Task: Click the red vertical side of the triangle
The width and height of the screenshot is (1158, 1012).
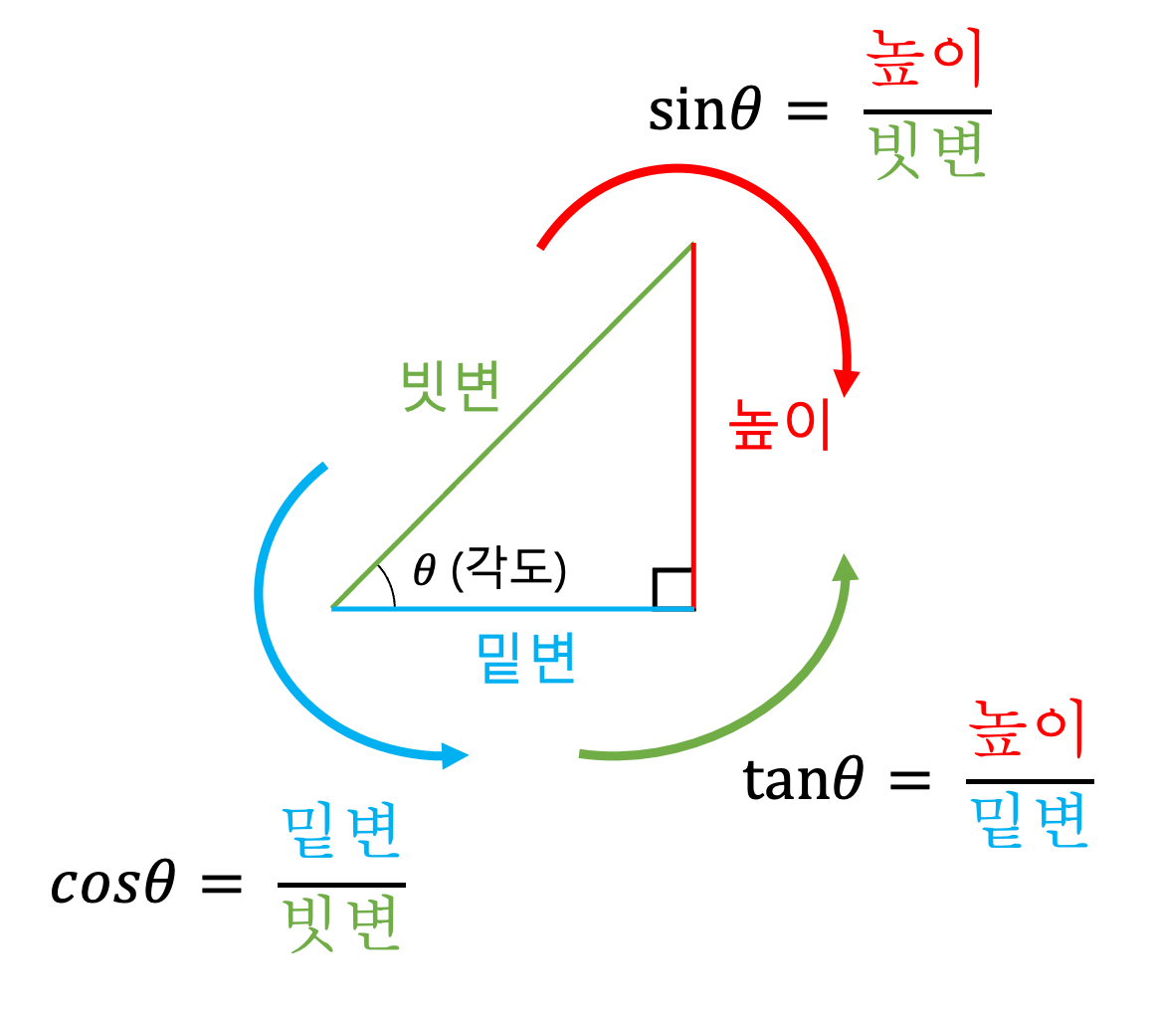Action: coord(692,428)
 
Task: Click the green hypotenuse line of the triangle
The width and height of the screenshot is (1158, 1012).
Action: coord(512,426)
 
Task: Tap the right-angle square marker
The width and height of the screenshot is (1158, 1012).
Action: coord(672,587)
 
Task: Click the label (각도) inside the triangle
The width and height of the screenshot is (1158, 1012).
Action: coord(508,570)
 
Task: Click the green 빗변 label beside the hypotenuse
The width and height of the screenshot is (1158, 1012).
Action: coord(450,386)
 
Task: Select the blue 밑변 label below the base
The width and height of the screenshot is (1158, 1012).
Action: coord(526,658)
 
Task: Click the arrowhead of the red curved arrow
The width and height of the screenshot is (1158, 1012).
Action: coord(847,383)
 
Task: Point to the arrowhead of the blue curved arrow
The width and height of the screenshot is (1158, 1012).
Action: coord(454,755)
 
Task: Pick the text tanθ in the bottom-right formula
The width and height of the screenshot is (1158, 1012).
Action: coord(802,781)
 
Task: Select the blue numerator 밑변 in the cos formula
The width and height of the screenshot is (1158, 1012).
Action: coord(340,835)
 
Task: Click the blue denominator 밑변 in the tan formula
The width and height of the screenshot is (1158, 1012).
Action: coord(1030,820)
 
